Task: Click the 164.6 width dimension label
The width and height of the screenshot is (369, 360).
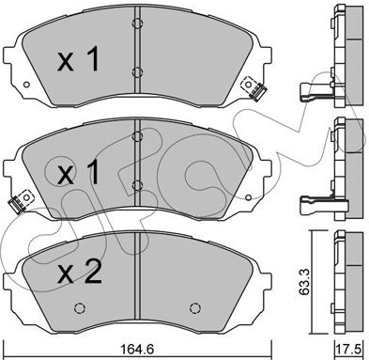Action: pos(137,350)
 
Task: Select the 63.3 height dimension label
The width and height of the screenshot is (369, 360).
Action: pos(304,282)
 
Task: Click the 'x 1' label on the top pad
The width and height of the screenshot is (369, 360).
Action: pos(79,58)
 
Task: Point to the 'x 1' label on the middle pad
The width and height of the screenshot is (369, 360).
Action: pos(79,172)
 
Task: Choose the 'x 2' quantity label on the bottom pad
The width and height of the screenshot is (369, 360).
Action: pos(80,273)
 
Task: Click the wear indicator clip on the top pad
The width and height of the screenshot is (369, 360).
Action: pos(254,88)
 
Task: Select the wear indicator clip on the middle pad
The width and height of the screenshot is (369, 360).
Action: pos(22,201)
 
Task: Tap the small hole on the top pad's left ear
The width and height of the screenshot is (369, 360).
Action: pos(26,85)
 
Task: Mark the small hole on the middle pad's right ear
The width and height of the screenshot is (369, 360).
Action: pos(248,197)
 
